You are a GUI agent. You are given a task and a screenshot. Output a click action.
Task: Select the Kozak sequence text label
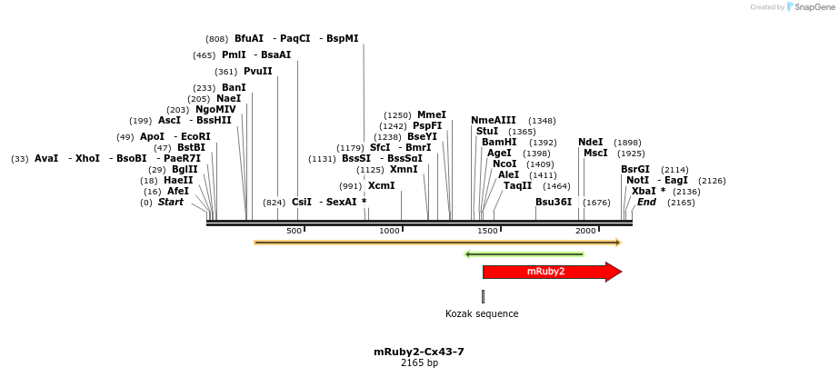(x=482, y=314)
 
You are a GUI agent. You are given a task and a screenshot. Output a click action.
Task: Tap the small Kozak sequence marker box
(x=483, y=296)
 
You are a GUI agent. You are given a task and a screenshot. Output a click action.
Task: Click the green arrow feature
(x=524, y=254)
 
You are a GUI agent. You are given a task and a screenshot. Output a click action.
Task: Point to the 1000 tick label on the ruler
(x=389, y=231)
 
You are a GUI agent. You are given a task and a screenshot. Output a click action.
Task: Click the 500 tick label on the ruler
(x=294, y=231)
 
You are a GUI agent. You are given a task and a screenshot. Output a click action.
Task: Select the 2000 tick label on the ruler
(x=584, y=231)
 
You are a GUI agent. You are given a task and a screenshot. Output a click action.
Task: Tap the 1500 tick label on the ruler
(x=487, y=231)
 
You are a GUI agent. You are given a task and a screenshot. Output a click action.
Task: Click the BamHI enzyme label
(x=499, y=143)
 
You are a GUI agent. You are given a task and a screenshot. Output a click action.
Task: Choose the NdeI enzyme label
(x=590, y=143)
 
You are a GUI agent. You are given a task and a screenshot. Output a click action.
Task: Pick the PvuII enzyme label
(x=257, y=72)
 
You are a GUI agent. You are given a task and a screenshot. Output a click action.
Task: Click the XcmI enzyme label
(x=381, y=185)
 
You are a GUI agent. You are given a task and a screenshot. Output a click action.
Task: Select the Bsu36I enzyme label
(x=554, y=202)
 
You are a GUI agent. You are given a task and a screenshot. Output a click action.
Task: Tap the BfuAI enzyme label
(x=248, y=39)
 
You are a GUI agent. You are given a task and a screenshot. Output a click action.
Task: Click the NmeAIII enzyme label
(x=493, y=121)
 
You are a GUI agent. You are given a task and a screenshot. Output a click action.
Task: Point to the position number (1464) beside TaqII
(x=556, y=186)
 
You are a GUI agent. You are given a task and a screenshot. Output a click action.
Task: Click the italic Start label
(x=170, y=203)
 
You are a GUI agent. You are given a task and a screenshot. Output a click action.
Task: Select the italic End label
(x=646, y=203)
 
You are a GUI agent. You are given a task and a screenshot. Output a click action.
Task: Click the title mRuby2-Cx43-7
(x=419, y=352)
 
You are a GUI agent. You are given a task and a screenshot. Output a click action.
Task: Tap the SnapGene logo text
(x=813, y=6)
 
